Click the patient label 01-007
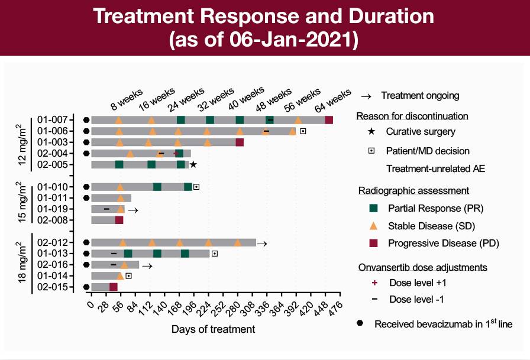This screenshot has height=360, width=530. click(53, 120)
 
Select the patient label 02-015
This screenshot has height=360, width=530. click(53, 287)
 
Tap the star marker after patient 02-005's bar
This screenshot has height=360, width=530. click(193, 164)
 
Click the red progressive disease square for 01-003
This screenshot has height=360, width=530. click(240, 142)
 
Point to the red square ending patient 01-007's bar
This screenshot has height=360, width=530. click(329, 120)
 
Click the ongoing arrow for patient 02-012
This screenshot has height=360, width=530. click(262, 244)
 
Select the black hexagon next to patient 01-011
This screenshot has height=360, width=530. click(86, 198)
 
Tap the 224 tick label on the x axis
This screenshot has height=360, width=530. click(204, 309)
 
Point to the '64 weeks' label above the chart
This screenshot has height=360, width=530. click(333, 100)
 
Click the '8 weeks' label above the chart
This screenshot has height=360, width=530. click(127, 100)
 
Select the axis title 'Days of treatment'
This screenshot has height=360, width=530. click(214, 329)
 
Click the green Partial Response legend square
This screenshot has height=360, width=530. click(373, 208)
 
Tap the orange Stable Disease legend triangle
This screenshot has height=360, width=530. click(373, 226)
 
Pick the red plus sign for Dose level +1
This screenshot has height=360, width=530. click(374, 283)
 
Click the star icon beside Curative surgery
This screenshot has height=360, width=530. click(371, 131)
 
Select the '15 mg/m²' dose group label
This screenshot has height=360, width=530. click(22, 202)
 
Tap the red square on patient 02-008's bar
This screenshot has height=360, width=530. click(119, 220)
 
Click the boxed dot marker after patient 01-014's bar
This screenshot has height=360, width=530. click(128, 276)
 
